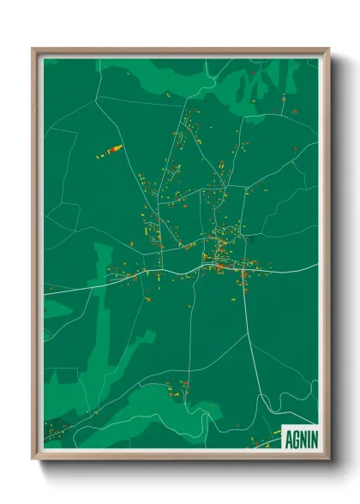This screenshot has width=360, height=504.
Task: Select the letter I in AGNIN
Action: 308,437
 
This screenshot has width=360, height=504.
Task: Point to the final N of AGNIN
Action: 313,437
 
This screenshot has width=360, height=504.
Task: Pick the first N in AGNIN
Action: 302,437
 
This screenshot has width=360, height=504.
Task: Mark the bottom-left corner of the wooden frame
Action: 33,459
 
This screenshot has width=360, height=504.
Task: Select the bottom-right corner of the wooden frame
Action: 328,459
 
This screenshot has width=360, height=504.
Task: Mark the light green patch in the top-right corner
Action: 257,86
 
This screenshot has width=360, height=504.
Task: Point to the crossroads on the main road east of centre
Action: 244,271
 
